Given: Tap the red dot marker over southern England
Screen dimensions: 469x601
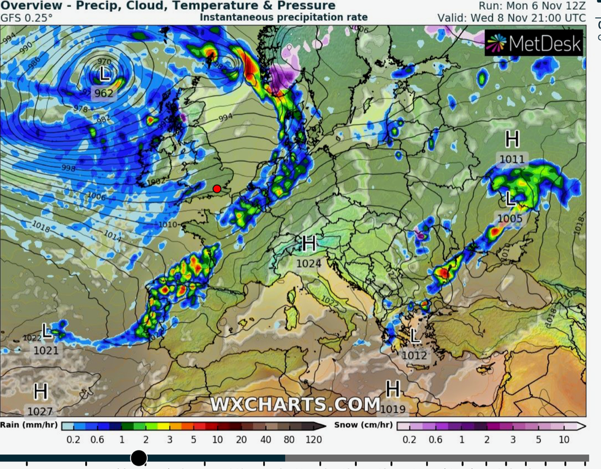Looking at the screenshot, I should (217, 189).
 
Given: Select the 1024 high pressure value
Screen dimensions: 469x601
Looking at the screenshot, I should (309, 264).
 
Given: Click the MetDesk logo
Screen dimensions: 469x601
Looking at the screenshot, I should (533, 43).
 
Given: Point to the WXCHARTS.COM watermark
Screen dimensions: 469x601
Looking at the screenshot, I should (295, 405).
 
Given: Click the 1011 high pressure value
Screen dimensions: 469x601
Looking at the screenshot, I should (512, 159).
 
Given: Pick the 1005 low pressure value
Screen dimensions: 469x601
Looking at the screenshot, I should (510, 219).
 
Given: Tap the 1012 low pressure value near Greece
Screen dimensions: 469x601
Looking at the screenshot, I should (415, 355).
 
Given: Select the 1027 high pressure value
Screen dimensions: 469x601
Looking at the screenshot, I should (40, 412).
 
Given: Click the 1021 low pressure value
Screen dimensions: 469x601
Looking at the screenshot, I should (46, 350).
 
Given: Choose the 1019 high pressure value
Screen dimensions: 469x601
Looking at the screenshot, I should (393, 408).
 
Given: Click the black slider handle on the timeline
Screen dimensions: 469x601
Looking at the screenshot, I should (139, 457).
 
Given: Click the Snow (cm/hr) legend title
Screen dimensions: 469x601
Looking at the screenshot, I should (363, 424).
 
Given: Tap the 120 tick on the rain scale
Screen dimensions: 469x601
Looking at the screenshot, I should (313, 440).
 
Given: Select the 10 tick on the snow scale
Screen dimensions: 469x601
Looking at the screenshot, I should (564, 440).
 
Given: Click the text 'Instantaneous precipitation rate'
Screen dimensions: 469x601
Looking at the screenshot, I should (284, 18).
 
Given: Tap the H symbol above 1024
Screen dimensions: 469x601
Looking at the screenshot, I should (309, 244).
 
